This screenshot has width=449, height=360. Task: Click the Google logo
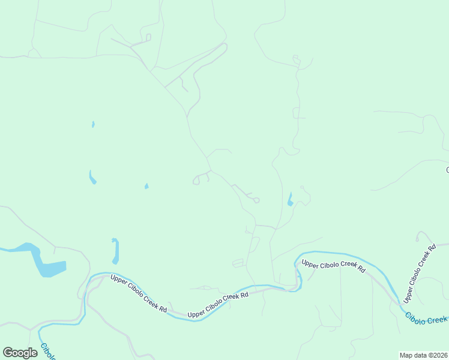pos(20,353)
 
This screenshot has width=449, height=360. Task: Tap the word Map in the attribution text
pos(406,355)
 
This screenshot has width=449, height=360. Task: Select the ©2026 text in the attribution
pos(439,355)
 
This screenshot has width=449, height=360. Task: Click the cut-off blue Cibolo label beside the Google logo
pos(47,351)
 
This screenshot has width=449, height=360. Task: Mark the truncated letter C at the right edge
pos(447,170)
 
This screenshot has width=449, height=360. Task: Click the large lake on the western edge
pos(45,262)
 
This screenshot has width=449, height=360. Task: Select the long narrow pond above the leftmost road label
pos(115,250)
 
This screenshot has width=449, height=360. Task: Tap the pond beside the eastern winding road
pos(291,199)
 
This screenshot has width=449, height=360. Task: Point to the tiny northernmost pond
pos(93,124)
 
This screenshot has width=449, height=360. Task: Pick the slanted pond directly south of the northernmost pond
pos(92,177)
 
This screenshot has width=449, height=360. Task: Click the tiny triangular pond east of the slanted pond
pos(146,186)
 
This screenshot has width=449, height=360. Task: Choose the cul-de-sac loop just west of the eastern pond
pos(256,200)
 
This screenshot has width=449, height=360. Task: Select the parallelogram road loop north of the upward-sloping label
pos(239,263)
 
